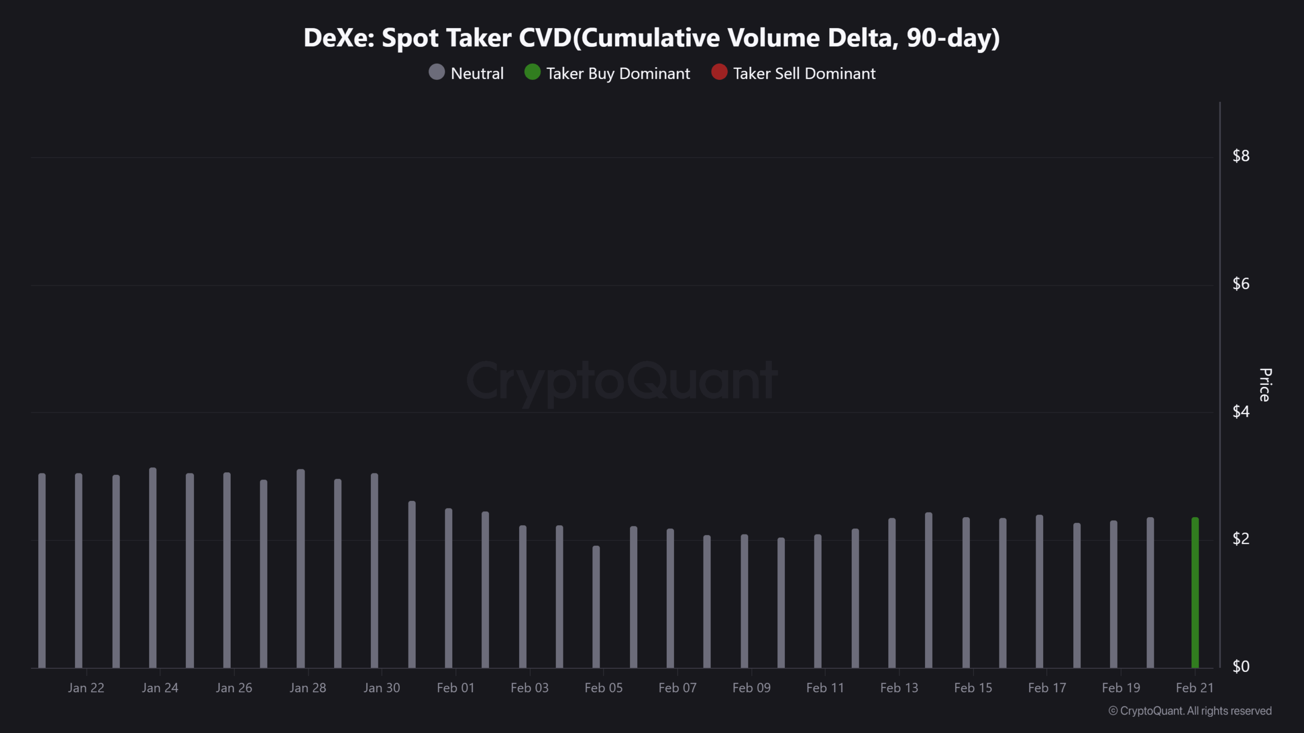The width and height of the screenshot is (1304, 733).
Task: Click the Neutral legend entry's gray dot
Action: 437,72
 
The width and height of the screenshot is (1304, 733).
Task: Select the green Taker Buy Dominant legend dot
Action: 532,72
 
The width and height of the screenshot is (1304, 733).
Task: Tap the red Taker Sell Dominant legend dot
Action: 719,72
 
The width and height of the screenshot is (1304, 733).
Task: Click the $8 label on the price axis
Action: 1241,156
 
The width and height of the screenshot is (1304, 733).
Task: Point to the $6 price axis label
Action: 1241,284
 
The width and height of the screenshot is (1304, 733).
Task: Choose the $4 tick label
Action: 1241,411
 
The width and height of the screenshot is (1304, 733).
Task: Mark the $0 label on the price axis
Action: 1241,666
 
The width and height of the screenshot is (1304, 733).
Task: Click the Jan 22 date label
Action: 86,688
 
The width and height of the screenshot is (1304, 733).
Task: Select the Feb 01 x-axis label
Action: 455,688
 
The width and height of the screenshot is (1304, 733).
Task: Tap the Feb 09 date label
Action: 751,688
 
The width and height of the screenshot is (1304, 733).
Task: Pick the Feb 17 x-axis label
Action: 1047,688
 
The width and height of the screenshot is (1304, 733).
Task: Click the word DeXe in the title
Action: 339,38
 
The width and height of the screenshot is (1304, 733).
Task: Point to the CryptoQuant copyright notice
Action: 1190,711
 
